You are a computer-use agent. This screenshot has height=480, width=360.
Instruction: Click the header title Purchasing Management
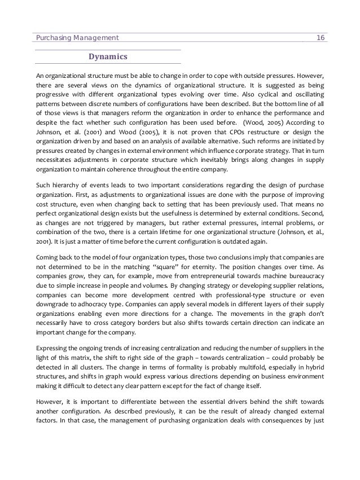click(77, 37)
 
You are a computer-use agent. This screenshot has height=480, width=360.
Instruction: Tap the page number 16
click(321, 37)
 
